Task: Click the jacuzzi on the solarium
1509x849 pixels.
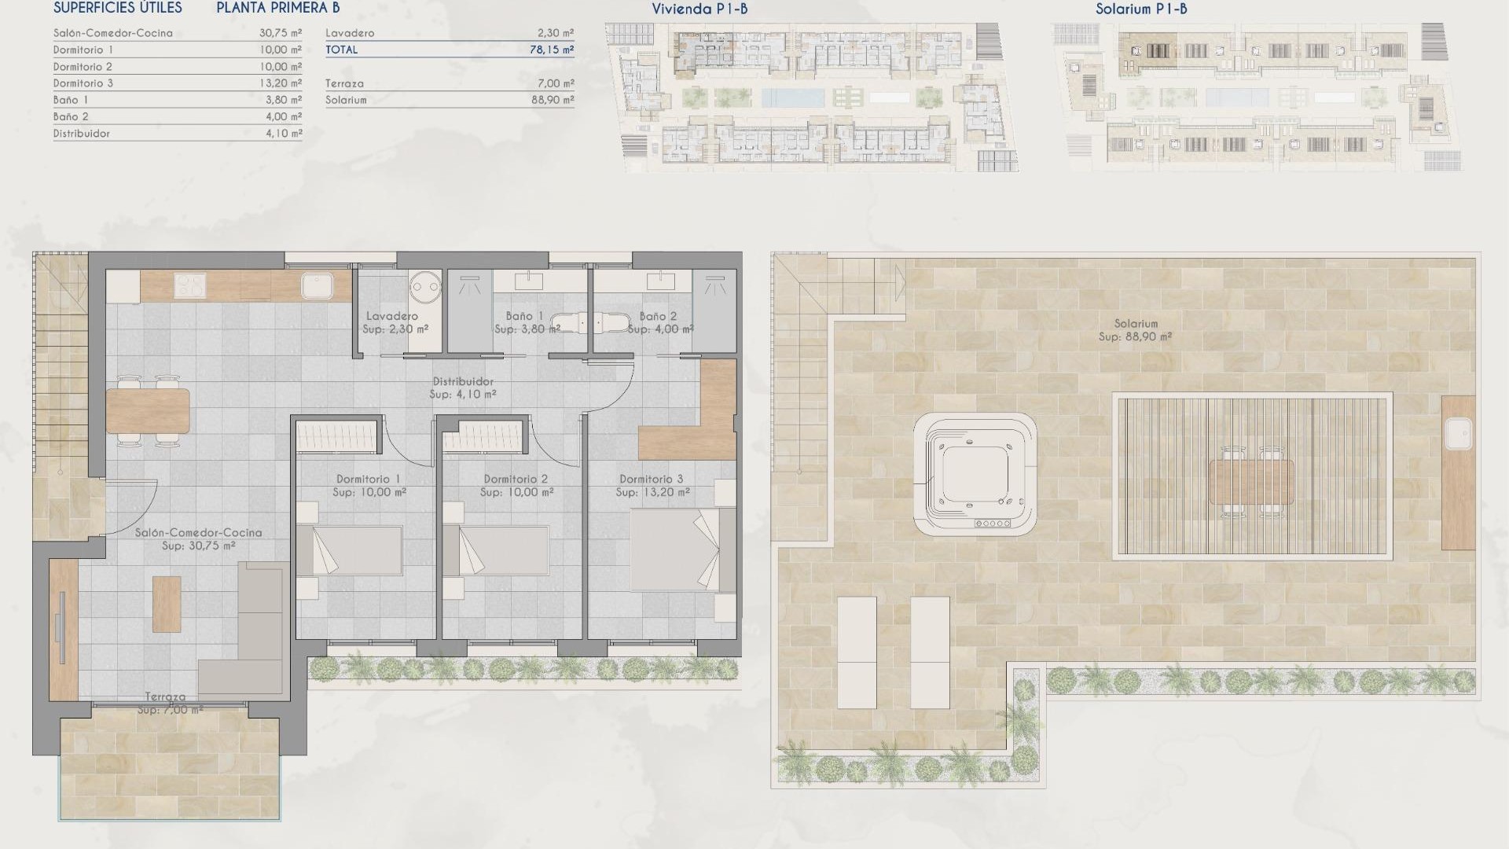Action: pyautogui.click(x=975, y=474)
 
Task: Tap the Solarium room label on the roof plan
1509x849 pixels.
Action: pyautogui.click(x=1135, y=324)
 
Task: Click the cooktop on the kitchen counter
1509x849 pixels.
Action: pyautogui.click(x=189, y=285)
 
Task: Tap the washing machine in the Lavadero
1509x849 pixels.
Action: pyautogui.click(x=424, y=287)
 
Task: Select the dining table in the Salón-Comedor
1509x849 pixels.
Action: pyautogui.click(x=148, y=411)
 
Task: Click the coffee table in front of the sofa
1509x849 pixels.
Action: pyautogui.click(x=167, y=604)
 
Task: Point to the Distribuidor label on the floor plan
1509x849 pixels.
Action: pyautogui.click(x=463, y=382)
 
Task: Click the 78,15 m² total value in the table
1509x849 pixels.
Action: pyautogui.click(x=552, y=50)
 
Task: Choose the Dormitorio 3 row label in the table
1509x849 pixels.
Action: pyautogui.click(x=83, y=83)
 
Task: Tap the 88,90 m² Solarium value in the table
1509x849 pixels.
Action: pyautogui.click(x=552, y=100)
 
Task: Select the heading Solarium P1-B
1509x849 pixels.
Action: pyautogui.click(x=1141, y=9)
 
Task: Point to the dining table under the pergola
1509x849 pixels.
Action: pyautogui.click(x=1251, y=482)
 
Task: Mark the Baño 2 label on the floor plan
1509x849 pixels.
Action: pyautogui.click(x=658, y=316)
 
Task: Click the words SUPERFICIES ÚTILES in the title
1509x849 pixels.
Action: pyautogui.click(x=118, y=9)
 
